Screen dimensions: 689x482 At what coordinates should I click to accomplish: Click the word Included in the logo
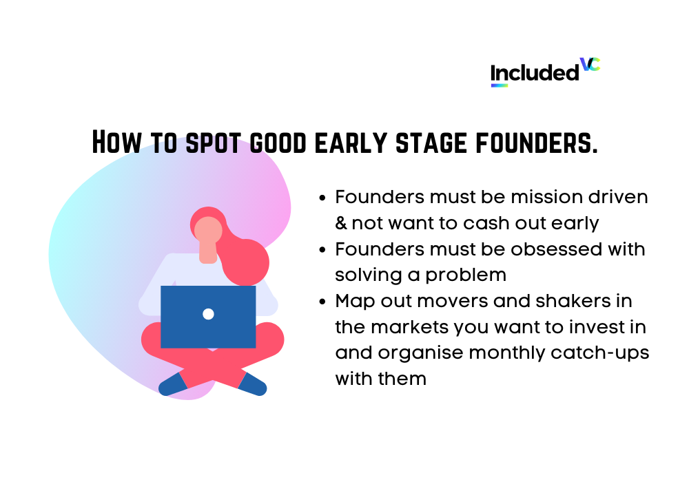pos(535,73)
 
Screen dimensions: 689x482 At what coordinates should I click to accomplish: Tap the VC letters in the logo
pos(590,64)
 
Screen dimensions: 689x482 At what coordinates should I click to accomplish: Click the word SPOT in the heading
pos(213,143)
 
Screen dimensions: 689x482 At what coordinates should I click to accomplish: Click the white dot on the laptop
pos(208,314)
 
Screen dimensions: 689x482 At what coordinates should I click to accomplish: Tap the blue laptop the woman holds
pos(208,317)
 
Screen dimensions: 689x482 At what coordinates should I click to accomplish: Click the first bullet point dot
pos(322,198)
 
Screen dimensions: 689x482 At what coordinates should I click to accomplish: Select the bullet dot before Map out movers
pos(322,302)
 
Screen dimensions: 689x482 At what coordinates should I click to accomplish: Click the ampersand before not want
pos(341,223)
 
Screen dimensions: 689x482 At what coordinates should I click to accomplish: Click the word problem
pos(466,275)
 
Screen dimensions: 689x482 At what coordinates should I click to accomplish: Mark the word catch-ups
pos(600,354)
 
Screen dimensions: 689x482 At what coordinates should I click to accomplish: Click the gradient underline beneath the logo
pos(499,85)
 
